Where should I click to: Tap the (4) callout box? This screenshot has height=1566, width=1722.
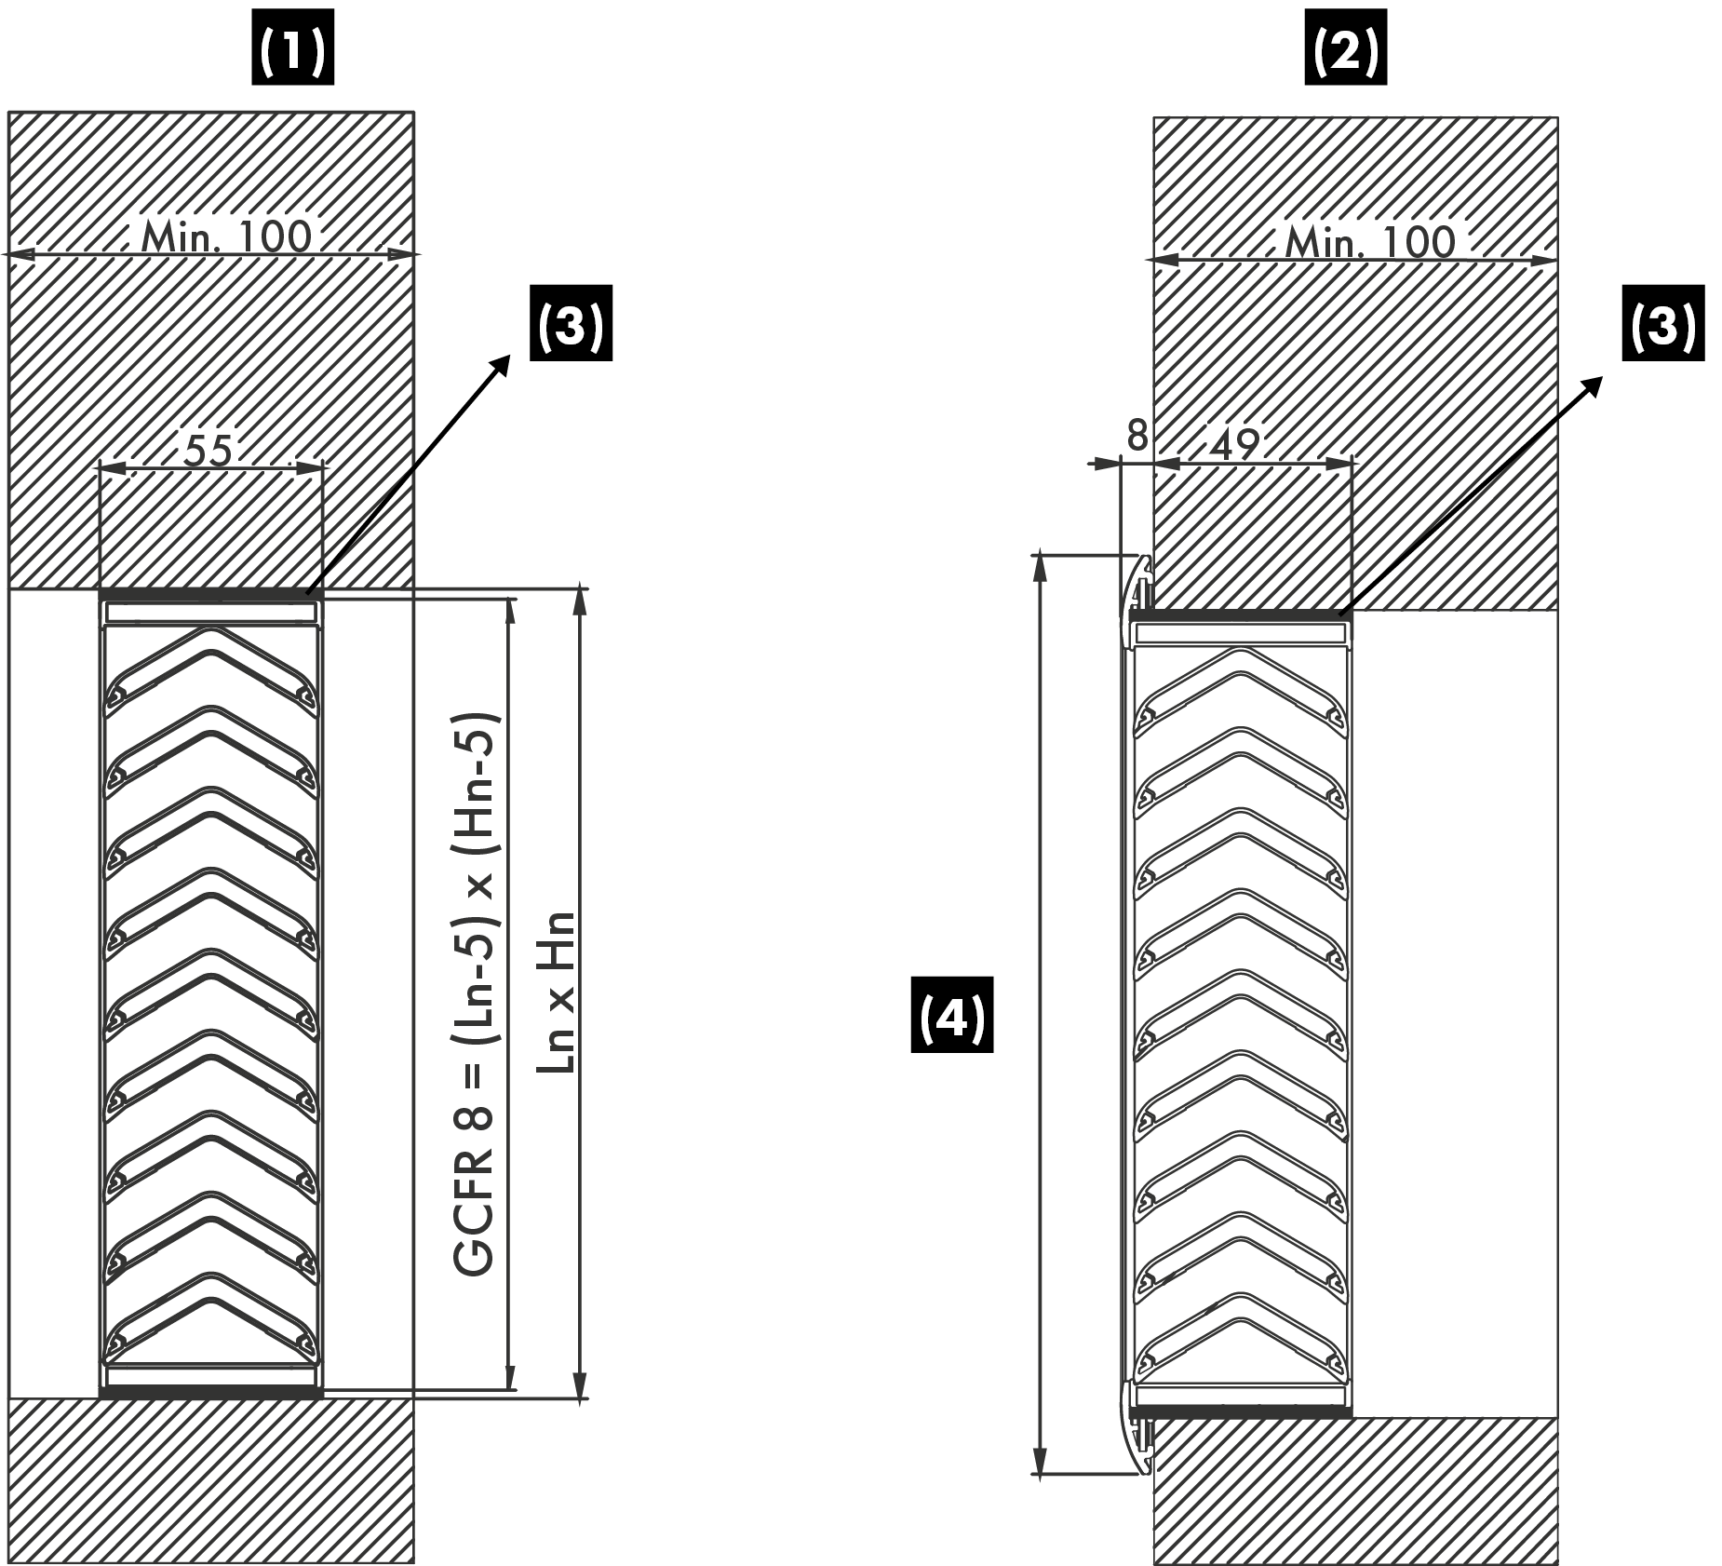coord(951,1014)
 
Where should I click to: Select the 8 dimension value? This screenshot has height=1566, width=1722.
coord(1137,436)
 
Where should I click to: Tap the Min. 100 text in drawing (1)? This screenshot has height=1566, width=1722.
coord(226,237)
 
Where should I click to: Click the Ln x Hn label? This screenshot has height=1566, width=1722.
coord(556,992)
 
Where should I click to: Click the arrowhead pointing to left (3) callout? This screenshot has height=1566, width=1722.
coord(504,361)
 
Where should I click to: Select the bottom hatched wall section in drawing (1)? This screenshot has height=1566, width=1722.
coord(210,1480)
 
